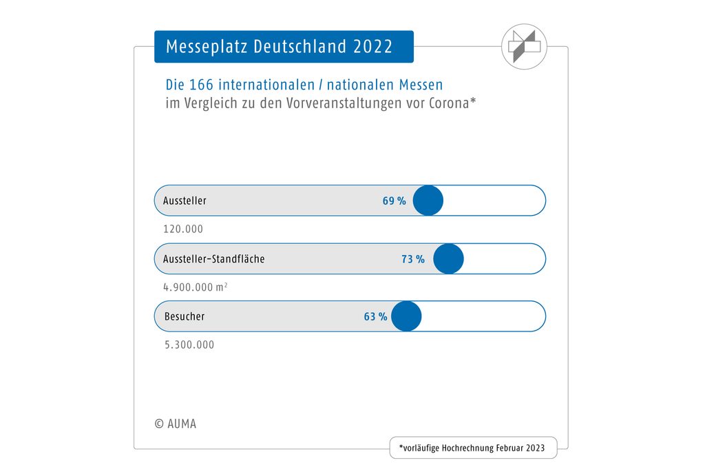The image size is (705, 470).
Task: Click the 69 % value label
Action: pyautogui.click(x=394, y=201)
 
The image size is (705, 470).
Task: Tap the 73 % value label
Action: pyautogui.click(x=413, y=259)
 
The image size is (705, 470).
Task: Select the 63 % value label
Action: pyautogui.click(x=376, y=317)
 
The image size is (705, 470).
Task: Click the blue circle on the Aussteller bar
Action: pyautogui.click(x=428, y=201)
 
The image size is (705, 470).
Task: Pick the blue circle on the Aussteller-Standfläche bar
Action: pyautogui.click(x=449, y=258)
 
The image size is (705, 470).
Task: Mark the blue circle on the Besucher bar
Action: pyautogui.click(x=406, y=316)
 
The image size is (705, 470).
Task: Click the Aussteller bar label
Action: pyautogui.click(x=185, y=201)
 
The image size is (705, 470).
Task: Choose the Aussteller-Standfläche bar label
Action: pyautogui.click(x=214, y=259)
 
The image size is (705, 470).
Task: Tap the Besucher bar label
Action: pyautogui.click(x=185, y=317)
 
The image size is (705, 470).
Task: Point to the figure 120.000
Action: pyautogui.click(x=183, y=229)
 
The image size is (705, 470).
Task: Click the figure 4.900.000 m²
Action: pyautogui.click(x=196, y=287)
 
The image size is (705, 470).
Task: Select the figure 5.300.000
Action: pyautogui.click(x=189, y=345)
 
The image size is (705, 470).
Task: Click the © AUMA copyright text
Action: pyautogui.click(x=176, y=424)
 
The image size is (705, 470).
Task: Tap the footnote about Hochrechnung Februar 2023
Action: pyautogui.click(x=472, y=448)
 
